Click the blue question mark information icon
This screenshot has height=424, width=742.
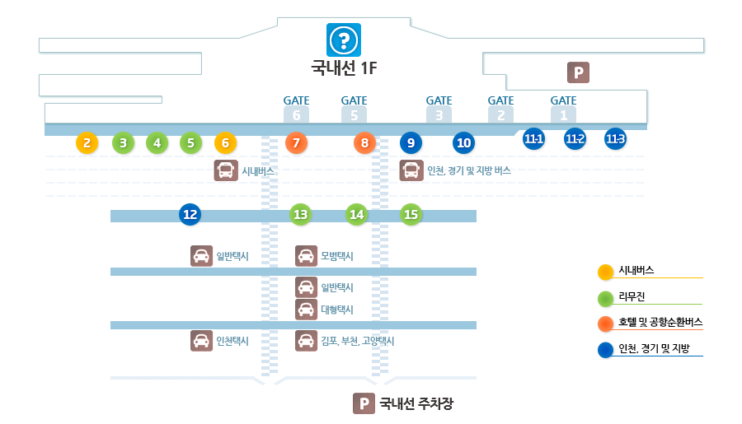[x=345, y=40]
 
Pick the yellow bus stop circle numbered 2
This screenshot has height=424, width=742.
[x=87, y=143]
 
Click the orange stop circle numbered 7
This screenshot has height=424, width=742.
[x=296, y=143]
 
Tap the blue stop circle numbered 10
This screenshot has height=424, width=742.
[x=464, y=143]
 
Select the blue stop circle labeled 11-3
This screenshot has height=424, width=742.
[x=615, y=139]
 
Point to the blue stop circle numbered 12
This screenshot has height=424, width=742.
[x=190, y=215]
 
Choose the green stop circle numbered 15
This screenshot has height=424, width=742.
[x=411, y=215]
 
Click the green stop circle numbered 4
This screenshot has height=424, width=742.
[x=157, y=143]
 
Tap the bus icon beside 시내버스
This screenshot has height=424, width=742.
[x=225, y=170]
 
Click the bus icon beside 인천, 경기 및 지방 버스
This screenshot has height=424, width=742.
[x=411, y=170]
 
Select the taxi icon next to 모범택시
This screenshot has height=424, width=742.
[x=306, y=256]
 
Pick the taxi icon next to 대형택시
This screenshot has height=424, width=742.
[x=306, y=310]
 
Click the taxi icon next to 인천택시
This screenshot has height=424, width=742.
[x=201, y=340]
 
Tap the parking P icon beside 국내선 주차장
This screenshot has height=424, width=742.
[x=364, y=403]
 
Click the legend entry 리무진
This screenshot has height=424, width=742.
[x=632, y=296]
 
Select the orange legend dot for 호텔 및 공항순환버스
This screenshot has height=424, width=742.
[x=605, y=323]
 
